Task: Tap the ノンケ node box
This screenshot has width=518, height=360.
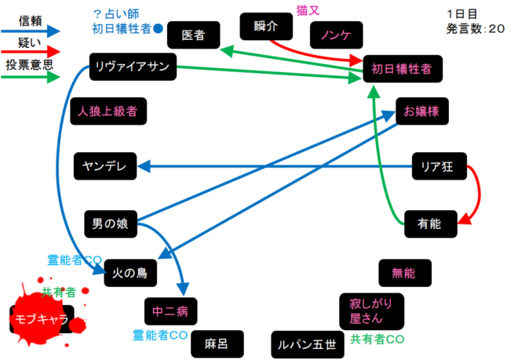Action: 336,35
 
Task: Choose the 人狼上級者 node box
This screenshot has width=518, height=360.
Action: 108,111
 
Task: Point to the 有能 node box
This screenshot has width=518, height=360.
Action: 429,224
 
